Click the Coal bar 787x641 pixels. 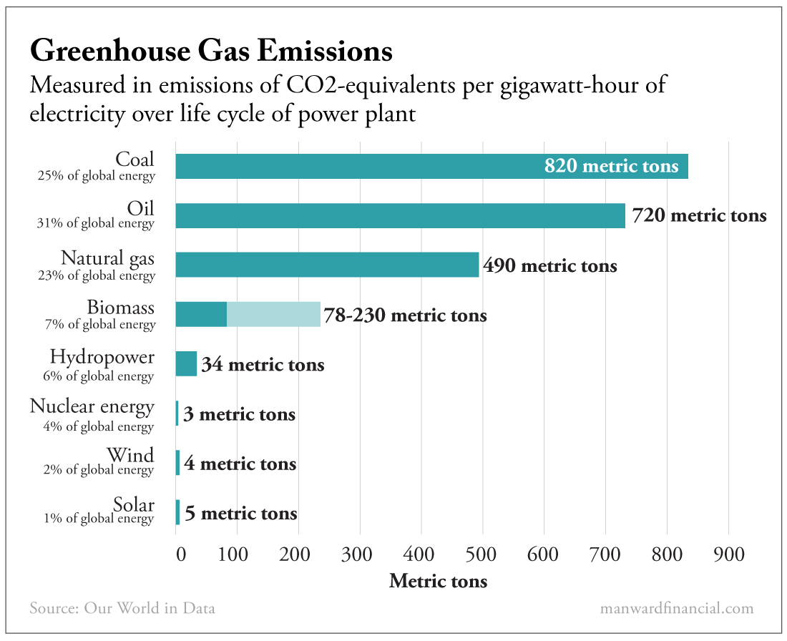pyautogui.click(x=358, y=167)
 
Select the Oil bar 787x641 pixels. pyautogui.click(x=400, y=216)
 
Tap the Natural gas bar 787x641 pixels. pyautogui.click(x=327, y=265)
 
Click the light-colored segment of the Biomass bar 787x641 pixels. pyautogui.click(x=274, y=314)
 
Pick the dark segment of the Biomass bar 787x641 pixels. pyautogui.click(x=201, y=314)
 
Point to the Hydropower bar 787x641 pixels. pyautogui.click(x=186, y=363)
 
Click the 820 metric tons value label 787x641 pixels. pyautogui.click(x=611, y=167)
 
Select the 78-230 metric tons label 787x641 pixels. pyautogui.click(x=405, y=315)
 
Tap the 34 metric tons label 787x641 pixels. pyautogui.click(x=263, y=366)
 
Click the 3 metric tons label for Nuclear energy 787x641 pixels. pyautogui.click(x=239, y=415)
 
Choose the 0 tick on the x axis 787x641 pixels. pyautogui.click(x=180, y=554)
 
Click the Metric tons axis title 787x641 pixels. pyautogui.click(x=438, y=581)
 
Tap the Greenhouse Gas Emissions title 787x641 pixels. pyautogui.click(x=211, y=52)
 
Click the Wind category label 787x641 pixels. pyautogui.click(x=130, y=456)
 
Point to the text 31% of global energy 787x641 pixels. pyautogui.click(x=95, y=223)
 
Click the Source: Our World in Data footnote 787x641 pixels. pyautogui.click(x=122, y=609)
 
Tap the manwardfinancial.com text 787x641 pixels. pyautogui.click(x=677, y=609)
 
